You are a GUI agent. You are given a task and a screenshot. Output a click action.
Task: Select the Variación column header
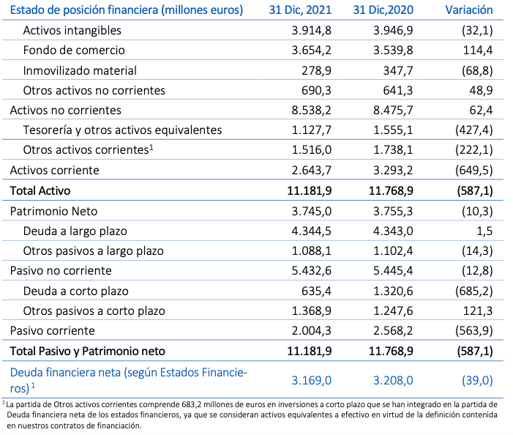468,11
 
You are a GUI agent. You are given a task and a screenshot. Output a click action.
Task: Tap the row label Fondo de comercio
74,51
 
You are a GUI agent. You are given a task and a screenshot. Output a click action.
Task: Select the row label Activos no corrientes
65,110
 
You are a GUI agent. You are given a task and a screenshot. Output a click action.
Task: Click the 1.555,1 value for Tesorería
392,130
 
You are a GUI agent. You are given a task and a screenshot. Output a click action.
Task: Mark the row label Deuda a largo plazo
75,231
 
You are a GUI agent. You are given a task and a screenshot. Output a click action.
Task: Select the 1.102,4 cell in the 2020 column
392,250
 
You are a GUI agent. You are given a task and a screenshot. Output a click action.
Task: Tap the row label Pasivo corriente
52,330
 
